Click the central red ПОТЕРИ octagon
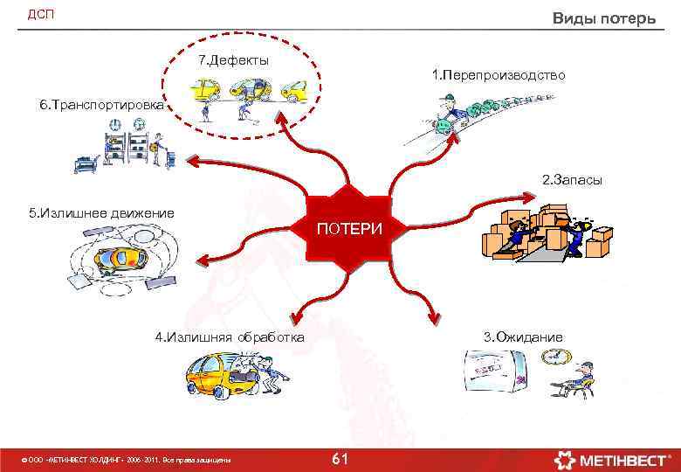[349, 229]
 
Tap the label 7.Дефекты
[233, 60]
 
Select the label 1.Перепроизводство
[499, 76]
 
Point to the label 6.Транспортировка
[101, 105]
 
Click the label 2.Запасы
[572, 180]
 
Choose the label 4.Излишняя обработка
[230, 337]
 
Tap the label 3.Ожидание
[523, 337]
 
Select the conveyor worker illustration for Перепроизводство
[454, 118]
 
